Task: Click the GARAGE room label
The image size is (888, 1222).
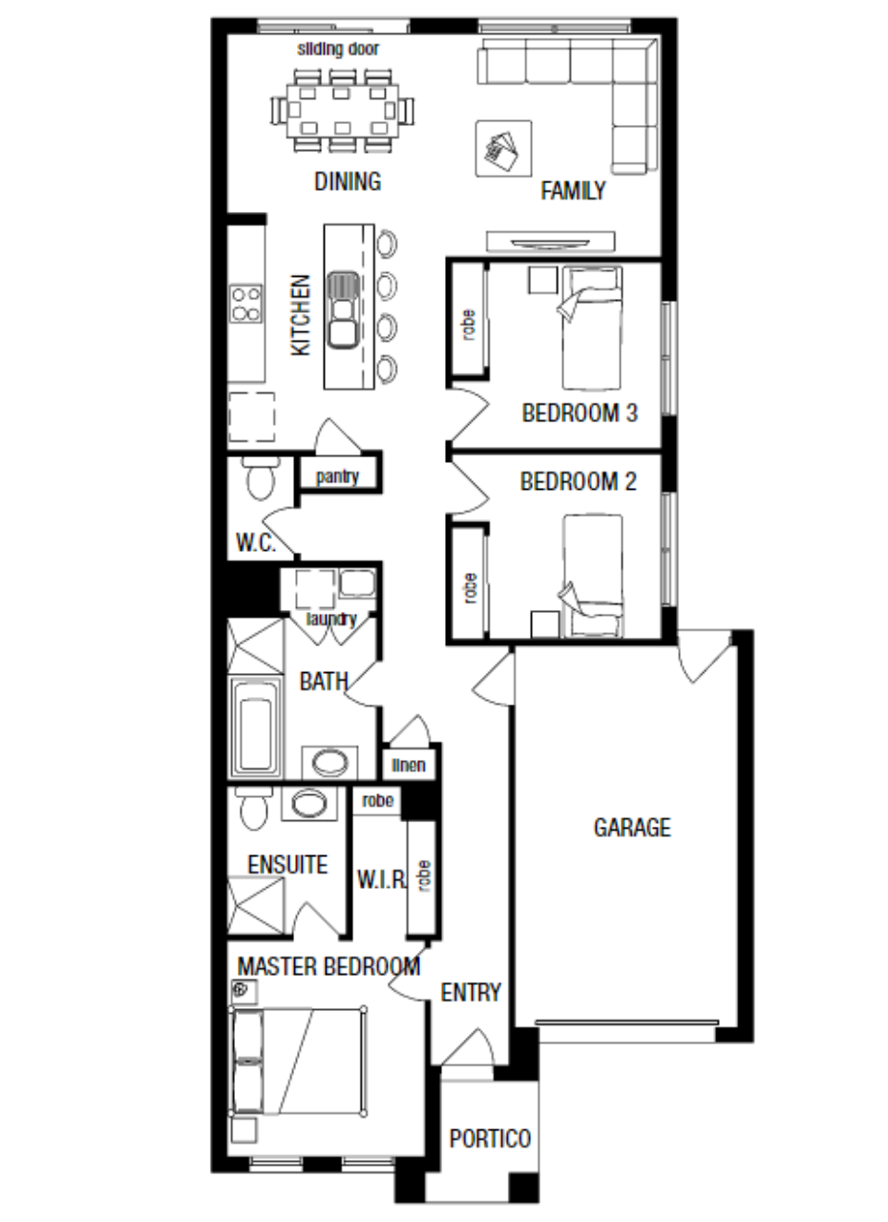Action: pos(632,828)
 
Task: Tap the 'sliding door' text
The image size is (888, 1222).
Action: pos(338,49)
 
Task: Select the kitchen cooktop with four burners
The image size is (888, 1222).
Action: pos(245,304)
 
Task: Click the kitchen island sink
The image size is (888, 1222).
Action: pos(343,309)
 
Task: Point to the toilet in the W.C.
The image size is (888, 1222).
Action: pos(261,478)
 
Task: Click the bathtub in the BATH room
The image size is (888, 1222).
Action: pos(255,727)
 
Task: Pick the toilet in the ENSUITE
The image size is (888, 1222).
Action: pos(254,808)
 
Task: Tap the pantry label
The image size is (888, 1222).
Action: pos(337,476)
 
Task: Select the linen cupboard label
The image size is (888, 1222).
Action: pos(409,765)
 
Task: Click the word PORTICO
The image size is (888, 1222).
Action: pos(490,1138)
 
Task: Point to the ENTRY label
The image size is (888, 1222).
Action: pos(471,992)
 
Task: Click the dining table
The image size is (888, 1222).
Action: pos(343,111)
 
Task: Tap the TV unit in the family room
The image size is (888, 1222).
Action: pos(551,242)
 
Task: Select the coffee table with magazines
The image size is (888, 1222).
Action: pos(503,148)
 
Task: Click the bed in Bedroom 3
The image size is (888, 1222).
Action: pos(592,327)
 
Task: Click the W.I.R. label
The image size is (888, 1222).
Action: pos(382,878)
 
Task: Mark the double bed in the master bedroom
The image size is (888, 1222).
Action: pos(297,1061)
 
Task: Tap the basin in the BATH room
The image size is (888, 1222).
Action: pos(329,763)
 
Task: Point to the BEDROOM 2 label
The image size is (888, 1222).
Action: pos(579,481)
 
